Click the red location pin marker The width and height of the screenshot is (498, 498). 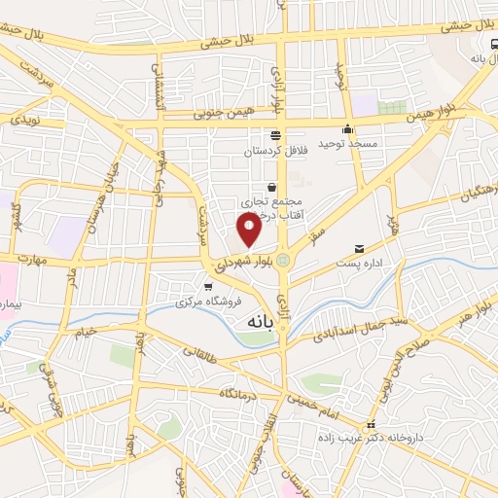coord(250,230)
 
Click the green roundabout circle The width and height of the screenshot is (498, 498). coord(283,260)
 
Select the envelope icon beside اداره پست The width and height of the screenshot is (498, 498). coord(359,249)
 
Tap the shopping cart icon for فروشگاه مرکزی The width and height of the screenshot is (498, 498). coord(208,286)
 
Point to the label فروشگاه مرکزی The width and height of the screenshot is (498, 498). coord(199,302)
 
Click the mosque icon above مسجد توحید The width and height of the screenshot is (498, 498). coord(347,129)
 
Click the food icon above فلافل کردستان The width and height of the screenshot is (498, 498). coord(276,135)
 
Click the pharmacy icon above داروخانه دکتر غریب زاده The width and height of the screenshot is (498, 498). coord(370,426)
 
